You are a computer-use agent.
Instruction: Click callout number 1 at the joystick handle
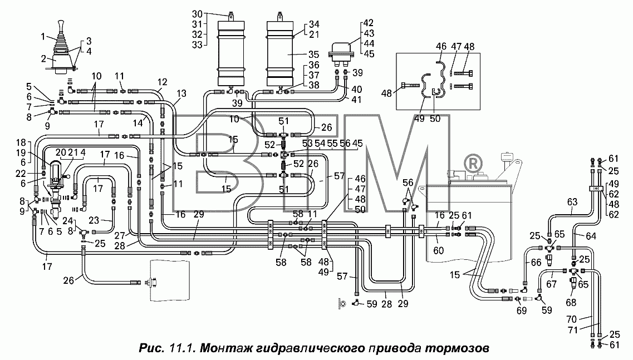(x=43, y=37)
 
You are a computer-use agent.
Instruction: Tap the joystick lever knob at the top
(x=61, y=25)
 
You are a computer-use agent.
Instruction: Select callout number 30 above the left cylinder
(x=198, y=14)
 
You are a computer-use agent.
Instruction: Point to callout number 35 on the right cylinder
(x=313, y=55)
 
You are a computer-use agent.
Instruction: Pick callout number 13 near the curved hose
(x=181, y=93)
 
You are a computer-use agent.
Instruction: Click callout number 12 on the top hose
(x=163, y=82)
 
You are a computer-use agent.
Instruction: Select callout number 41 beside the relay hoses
(x=356, y=99)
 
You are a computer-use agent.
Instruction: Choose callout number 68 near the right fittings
(x=571, y=302)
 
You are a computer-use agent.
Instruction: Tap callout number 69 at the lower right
(x=522, y=311)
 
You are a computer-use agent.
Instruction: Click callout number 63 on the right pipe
(x=572, y=202)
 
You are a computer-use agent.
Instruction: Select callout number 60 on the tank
(x=438, y=250)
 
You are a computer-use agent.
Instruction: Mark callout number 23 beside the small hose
(x=94, y=220)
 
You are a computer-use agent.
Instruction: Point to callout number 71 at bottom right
(x=573, y=330)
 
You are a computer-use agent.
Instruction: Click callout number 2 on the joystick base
(x=43, y=59)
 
